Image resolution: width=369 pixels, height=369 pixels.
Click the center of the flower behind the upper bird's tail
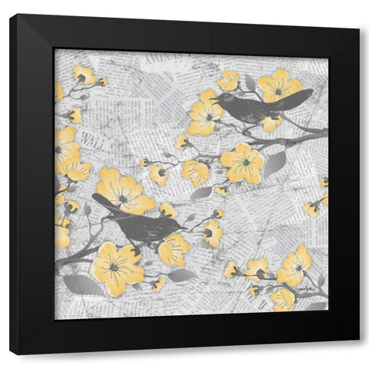tap(278, 89)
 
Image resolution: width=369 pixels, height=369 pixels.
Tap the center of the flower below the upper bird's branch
tap(244, 161)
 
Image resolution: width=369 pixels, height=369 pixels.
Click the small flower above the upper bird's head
tap(228, 81)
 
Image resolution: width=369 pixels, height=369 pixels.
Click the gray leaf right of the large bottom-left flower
tap(181, 274)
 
